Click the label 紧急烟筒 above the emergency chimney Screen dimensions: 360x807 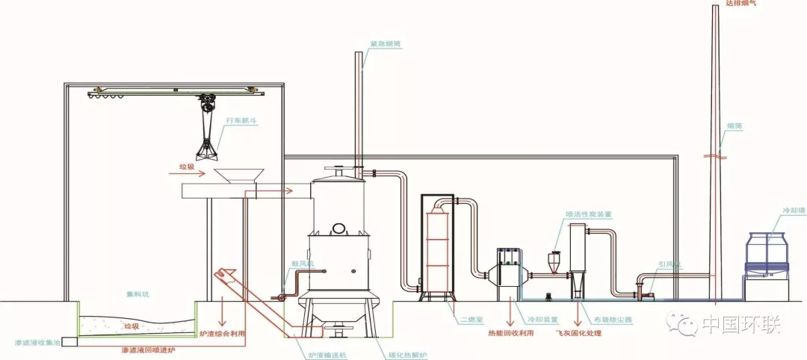click(385, 44)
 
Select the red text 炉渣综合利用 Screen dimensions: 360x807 click(222, 332)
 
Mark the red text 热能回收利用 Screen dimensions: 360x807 click(511, 332)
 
